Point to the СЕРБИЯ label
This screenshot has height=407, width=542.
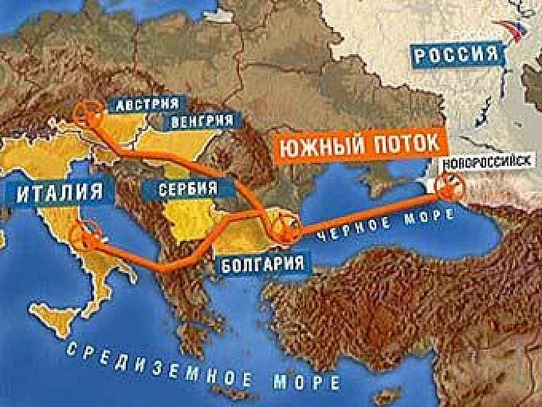pyautogui.click(x=188, y=188)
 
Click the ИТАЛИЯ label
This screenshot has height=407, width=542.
pyautogui.click(x=57, y=194)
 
